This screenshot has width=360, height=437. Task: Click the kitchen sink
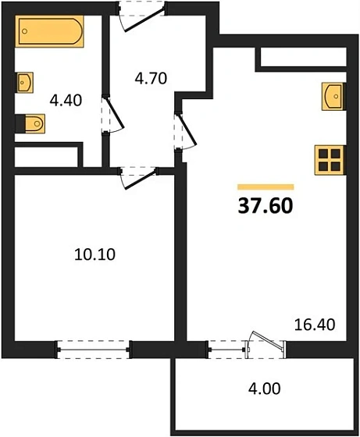coord(333,97)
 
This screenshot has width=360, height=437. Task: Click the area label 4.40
coord(65,100)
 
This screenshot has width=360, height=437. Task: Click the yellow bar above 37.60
coord(265,187)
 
